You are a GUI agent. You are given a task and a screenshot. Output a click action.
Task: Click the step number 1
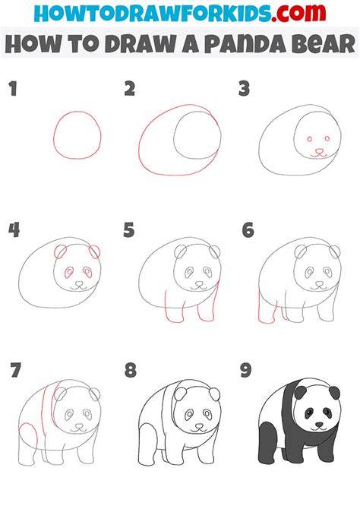13,89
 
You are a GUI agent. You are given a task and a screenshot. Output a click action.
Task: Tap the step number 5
129,230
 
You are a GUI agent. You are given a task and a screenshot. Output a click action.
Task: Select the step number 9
246,370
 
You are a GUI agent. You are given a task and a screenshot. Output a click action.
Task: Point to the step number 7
15,370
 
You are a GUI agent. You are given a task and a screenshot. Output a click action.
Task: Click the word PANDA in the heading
245,44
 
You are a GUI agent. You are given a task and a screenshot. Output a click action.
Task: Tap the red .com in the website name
298,13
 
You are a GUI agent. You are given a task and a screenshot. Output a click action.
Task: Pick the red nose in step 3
320,151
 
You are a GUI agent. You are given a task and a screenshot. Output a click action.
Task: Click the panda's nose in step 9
320,424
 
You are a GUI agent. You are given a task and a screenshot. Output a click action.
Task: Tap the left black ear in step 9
300,392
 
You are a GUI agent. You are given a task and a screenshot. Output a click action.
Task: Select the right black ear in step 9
334,393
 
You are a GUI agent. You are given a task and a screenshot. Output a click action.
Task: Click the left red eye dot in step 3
310,139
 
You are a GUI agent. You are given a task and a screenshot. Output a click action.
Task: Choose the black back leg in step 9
268,443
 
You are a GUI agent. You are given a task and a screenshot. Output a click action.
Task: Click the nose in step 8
199,425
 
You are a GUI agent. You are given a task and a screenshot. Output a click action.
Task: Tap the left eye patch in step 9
308,413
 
